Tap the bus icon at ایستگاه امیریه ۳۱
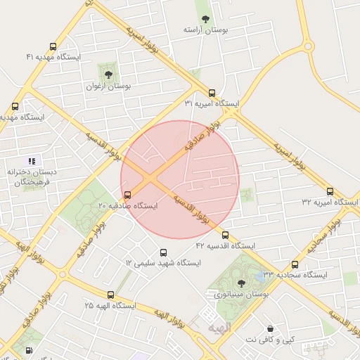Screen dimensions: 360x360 212,93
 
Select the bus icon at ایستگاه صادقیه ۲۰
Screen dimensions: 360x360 127,195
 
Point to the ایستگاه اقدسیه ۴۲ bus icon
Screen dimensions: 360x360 225,235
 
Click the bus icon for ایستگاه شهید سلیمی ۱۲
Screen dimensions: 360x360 164,252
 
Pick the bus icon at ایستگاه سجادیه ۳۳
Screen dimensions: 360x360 295,265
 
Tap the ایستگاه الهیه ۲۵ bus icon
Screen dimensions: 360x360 110,295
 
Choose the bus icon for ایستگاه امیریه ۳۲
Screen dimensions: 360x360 330,191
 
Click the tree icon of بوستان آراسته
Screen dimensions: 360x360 205,19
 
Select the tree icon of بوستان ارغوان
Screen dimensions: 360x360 108,74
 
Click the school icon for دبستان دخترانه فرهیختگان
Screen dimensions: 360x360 32,161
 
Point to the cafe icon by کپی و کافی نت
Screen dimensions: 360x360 270,328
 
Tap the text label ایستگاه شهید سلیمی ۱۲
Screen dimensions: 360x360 163,263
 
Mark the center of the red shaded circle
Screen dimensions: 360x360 180,179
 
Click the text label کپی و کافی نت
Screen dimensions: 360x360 269,340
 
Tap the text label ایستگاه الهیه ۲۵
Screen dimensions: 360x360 110,306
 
